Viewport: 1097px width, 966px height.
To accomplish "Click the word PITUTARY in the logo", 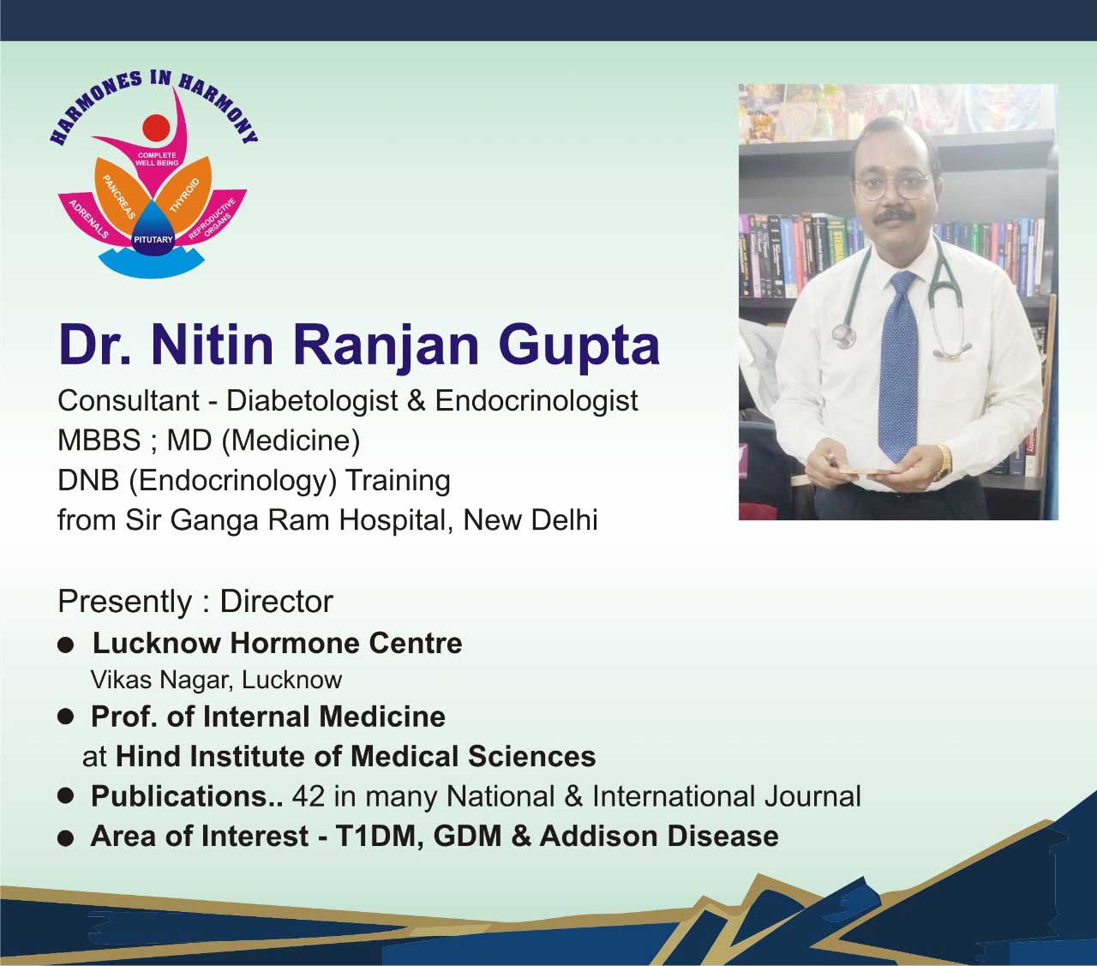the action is (x=153, y=239).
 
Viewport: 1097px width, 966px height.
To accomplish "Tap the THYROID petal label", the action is (x=184, y=195).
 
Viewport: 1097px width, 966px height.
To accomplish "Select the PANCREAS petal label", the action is (x=118, y=196).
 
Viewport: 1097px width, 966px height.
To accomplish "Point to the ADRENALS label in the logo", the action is (x=89, y=219).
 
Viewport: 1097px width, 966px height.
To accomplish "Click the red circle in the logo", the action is (x=157, y=129).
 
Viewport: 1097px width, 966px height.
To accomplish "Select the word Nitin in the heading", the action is (x=212, y=345).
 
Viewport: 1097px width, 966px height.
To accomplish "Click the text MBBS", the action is (x=99, y=441).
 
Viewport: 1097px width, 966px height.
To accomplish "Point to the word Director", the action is (x=276, y=602).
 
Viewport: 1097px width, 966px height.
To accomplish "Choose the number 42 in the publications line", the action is (x=309, y=796).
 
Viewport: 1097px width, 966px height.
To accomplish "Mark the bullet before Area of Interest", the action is (x=65, y=838).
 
